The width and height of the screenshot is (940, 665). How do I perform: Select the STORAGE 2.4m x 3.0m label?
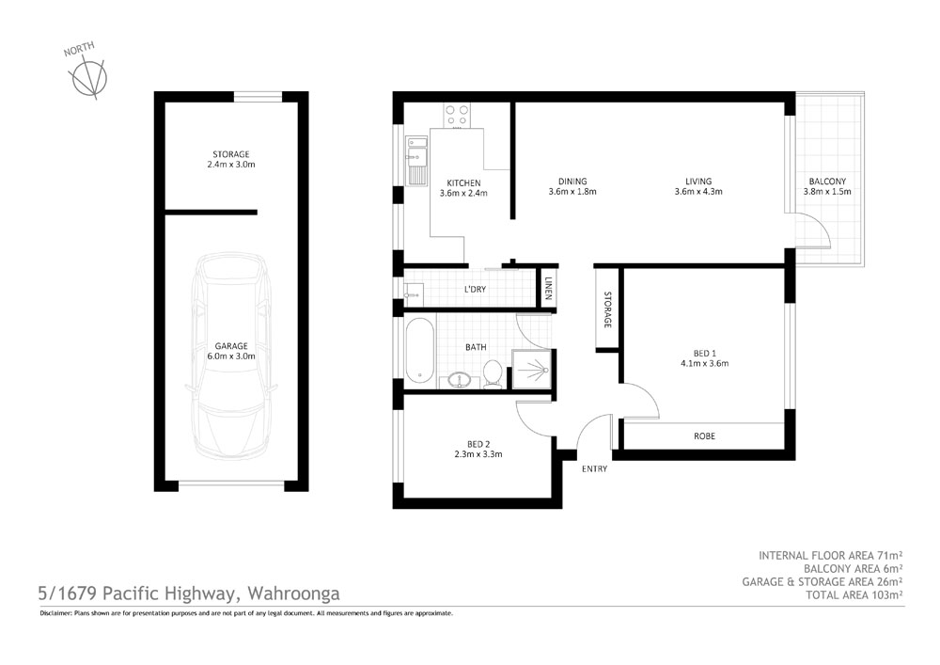(x=230, y=159)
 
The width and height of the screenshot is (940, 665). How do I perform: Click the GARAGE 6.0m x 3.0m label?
(x=230, y=351)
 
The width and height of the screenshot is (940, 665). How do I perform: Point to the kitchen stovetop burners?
(x=458, y=115)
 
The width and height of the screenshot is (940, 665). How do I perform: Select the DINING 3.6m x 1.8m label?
(x=572, y=186)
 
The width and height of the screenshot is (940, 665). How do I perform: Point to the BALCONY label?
(x=827, y=186)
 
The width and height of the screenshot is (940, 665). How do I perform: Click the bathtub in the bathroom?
(x=419, y=352)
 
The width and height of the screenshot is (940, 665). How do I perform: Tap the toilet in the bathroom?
(x=491, y=374)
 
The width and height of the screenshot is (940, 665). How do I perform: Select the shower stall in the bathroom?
(x=532, y=368)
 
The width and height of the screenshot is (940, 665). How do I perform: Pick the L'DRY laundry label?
(x=474, y=290)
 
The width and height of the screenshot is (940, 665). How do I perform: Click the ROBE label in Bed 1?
(x=704, y=436)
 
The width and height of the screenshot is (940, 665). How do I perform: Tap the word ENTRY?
(x=594, y=468)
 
